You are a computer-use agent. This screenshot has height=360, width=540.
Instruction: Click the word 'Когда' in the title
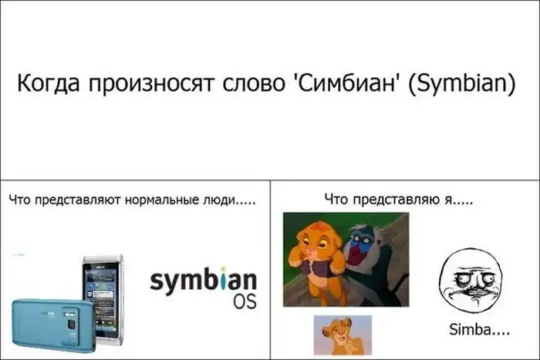(x=49, y=84)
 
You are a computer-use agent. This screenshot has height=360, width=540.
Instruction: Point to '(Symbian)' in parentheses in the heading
(x=462, y=84)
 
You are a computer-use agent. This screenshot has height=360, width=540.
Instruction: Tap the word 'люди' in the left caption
(x=216, y=200)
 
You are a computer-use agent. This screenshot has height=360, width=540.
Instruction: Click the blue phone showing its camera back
(x=54, y=325)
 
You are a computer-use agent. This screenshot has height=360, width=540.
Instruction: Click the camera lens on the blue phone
(x=72, y=325)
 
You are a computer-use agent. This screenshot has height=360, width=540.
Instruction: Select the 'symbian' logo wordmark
(x=203, y=281)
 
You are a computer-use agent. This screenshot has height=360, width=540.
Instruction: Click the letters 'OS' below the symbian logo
(x=245, y=301)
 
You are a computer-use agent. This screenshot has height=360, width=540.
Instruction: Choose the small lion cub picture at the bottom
(x=343, y=335)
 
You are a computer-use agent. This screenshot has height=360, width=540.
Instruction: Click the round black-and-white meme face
(x=472, y=282)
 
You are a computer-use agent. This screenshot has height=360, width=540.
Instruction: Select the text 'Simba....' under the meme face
(x=479, y=330)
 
